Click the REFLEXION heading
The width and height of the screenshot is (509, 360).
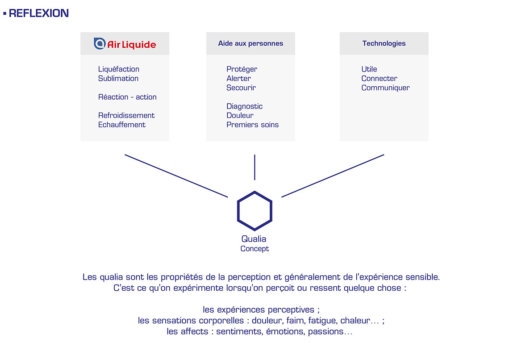(38, 13)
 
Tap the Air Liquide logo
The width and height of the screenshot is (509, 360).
(125, 44)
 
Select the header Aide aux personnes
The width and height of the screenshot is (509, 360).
(250, 43)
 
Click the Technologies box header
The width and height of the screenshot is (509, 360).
(384, 43)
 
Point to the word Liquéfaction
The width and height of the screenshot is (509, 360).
(119, 69)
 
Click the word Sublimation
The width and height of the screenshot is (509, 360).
(118, 79)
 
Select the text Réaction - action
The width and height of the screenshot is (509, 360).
(127, 97)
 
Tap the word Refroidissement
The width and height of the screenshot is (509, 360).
(126, 115)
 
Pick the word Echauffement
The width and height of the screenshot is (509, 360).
(122, 125)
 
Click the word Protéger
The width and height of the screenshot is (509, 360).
(242, 69)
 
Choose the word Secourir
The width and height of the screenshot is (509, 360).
(241, 88)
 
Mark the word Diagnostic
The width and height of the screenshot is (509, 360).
(245, 106)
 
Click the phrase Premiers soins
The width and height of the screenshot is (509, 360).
(253, 125)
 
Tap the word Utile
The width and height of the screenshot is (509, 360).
(369, 69)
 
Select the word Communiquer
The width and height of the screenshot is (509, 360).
(385, 88)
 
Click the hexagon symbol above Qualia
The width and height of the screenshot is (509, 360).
(254, 211)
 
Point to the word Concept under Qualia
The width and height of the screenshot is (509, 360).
(254, 249)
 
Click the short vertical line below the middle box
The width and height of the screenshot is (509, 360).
(254, 167)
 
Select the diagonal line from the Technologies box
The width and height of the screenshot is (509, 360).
(333, 176)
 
